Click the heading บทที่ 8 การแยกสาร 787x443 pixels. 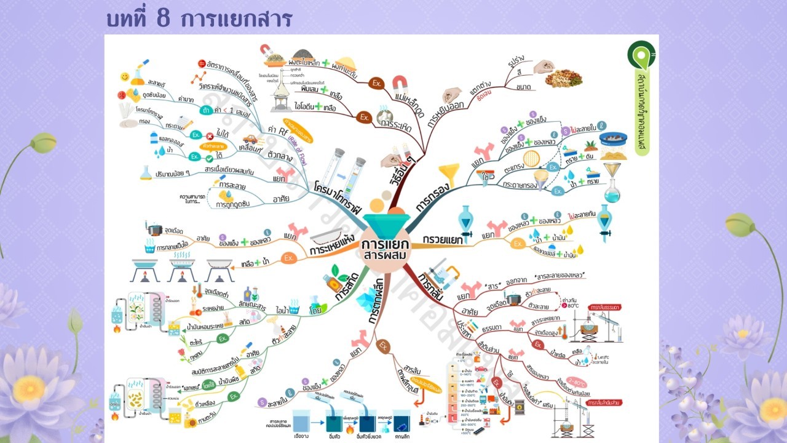tap(199, 18)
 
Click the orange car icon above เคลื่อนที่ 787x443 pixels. tap(250, 140)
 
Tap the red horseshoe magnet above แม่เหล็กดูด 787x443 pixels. tap(400, 81)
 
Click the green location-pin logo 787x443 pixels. tap(641, 54)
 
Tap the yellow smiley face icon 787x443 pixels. tap(125, 78)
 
